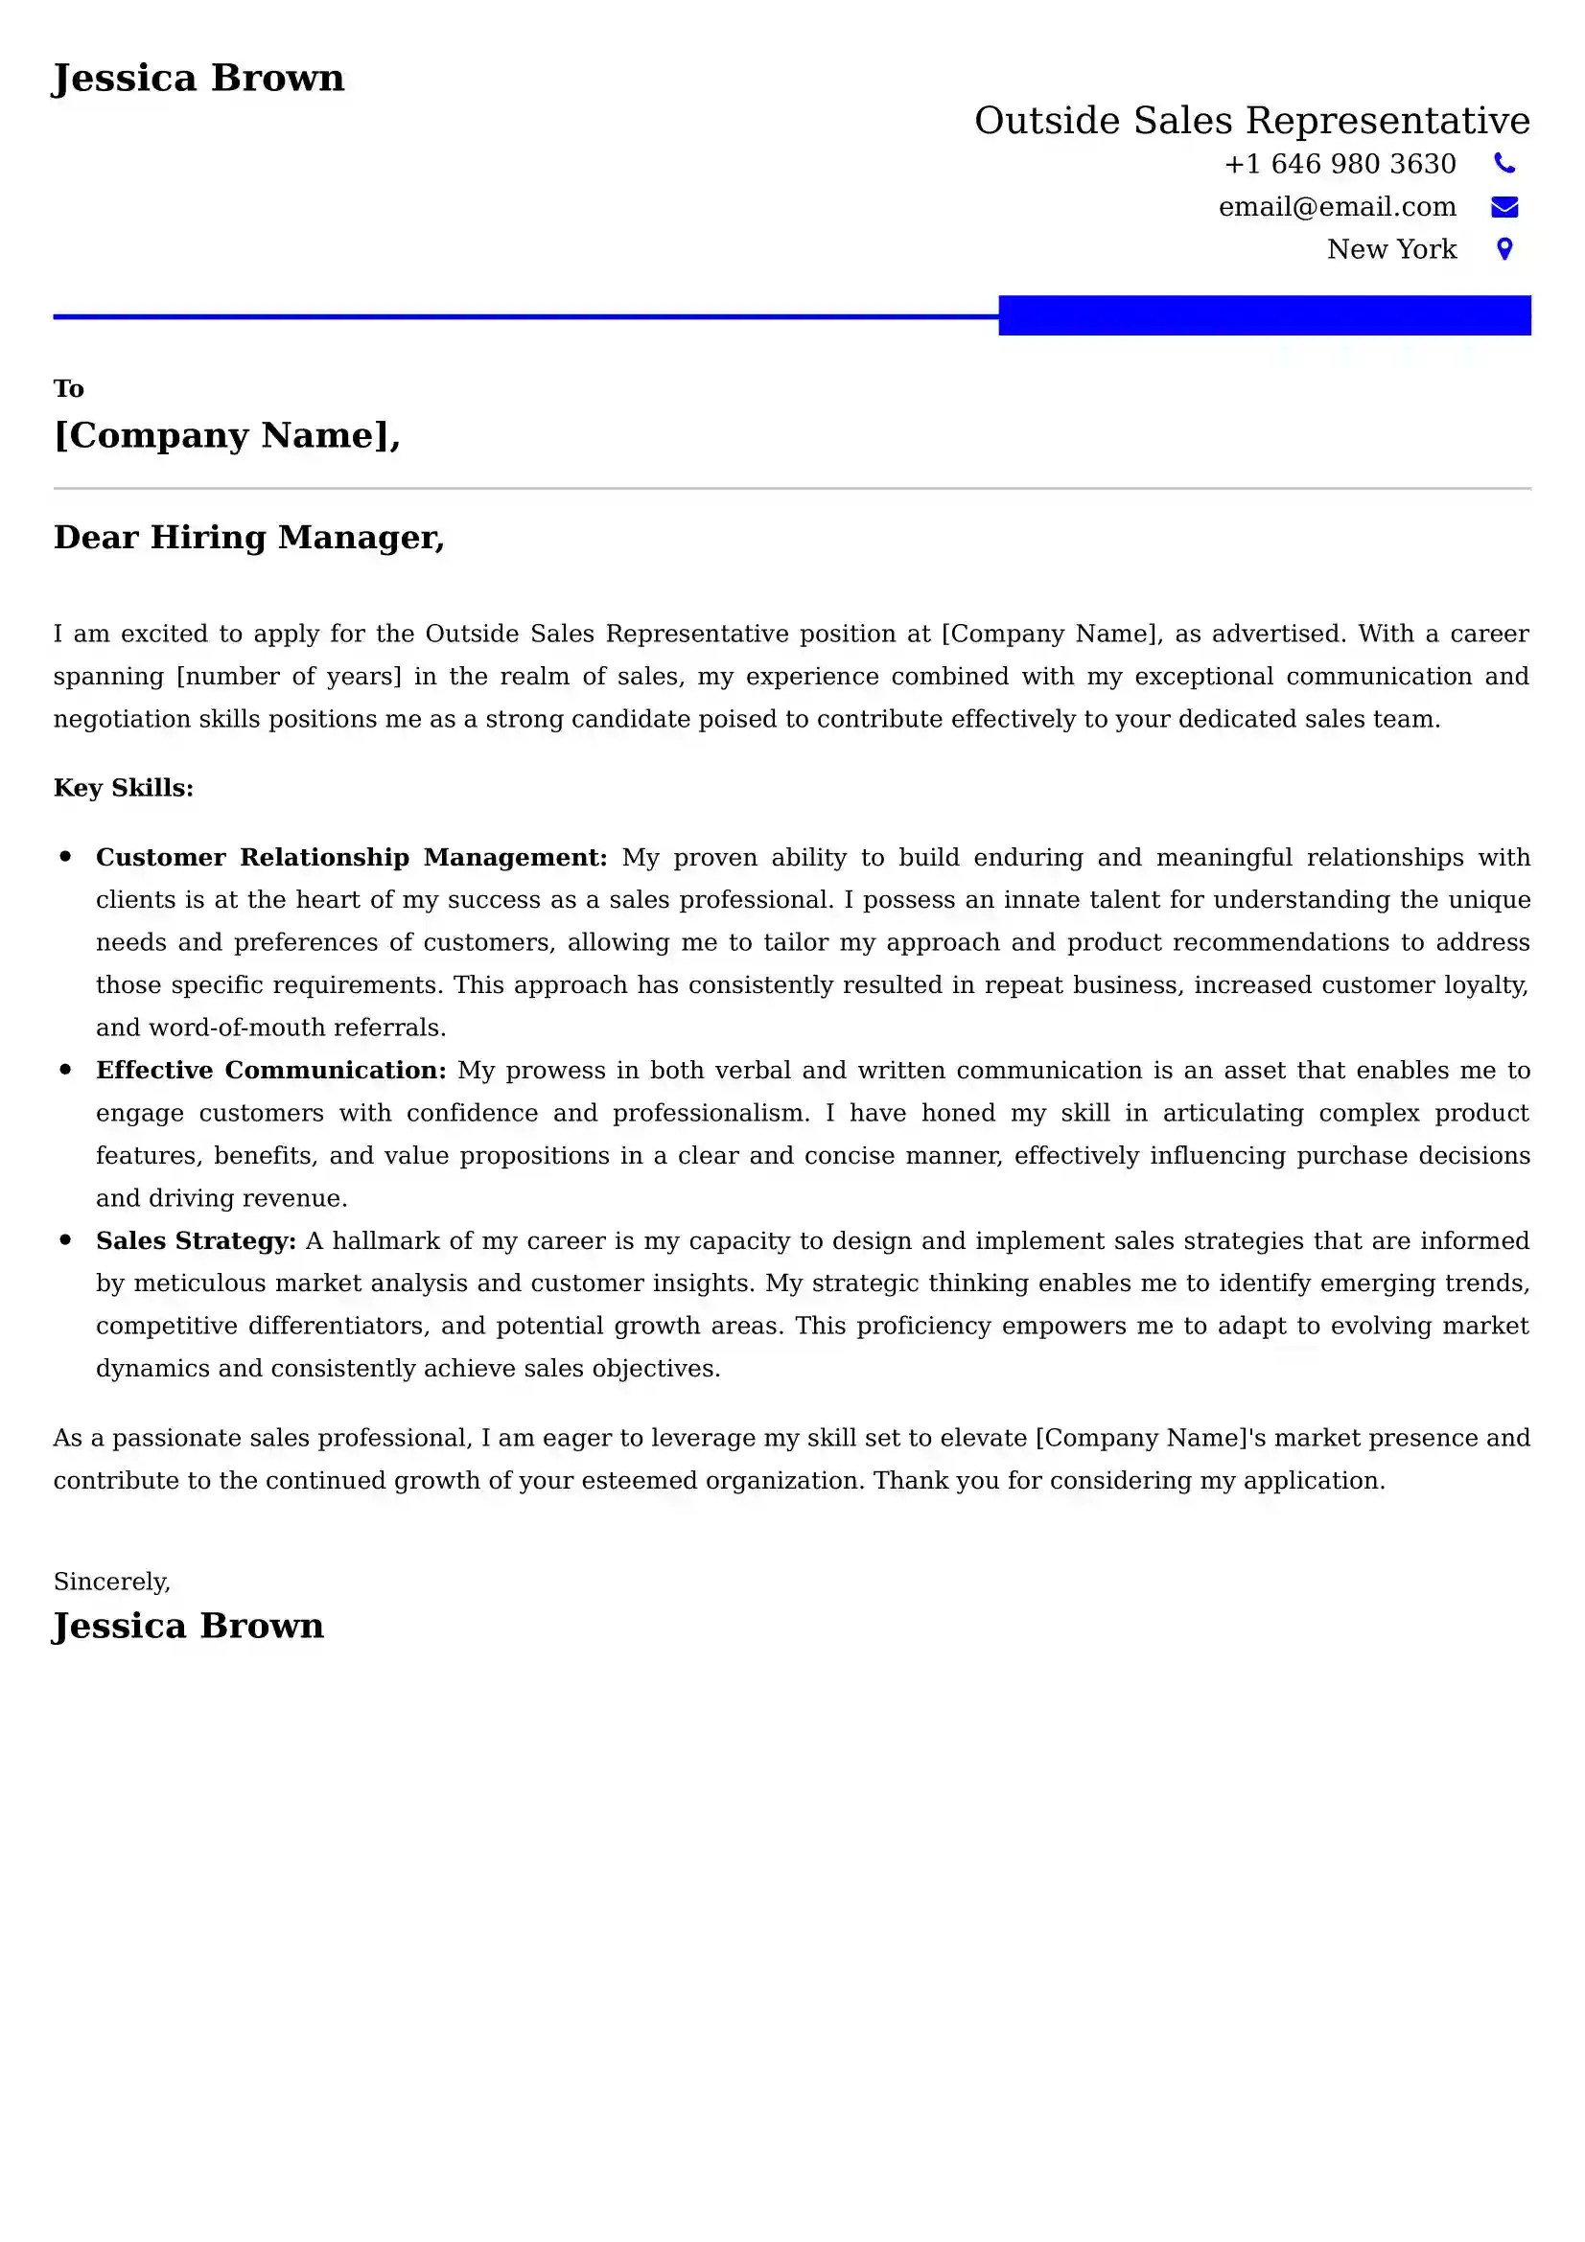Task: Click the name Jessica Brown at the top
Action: (x=198, y=78)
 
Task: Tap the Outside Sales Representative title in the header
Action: (x=1251, y=121)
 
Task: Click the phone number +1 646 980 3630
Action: (x=1339, y=164)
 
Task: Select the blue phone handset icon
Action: (x=1503, y=164)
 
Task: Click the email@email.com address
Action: (x=1336, y=207)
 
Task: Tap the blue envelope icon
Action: (x=1503, y=207)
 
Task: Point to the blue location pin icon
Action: (x=1503, y=250)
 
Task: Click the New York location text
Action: (x=1390, y=250)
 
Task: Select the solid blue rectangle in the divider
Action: (x=1264, y=315)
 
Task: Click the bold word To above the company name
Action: (x=68, y=388)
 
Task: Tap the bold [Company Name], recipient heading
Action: (x=226, y=435)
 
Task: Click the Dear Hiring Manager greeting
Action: (x=249, y=537)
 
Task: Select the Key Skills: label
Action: (x=123, y=788)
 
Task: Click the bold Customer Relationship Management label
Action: (x=351, y=857)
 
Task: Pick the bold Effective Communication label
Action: (x=270, y=1071)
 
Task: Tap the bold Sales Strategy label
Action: (x=196, y=1241)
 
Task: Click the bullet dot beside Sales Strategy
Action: (x=65, y=1240)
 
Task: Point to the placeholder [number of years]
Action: (x=288, y=677)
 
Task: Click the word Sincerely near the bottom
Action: (x=111, y=1582)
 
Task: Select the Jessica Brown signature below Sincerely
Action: (x=188, y=1626)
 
